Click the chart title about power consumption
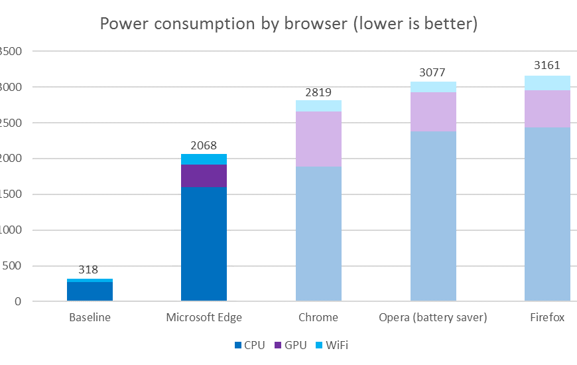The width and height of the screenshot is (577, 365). click(288, 24)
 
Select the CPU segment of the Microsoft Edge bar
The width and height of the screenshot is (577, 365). click(204, 244)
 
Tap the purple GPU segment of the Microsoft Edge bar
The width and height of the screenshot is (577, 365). click(204, 175)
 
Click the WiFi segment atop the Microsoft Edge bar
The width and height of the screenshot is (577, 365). click(204, 159)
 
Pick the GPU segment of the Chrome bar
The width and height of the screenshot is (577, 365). click(318, 139)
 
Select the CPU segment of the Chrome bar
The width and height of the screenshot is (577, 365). click(318, 234)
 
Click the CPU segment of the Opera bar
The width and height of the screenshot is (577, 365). click(433, 216)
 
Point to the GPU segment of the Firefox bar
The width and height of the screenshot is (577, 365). click(547, 108)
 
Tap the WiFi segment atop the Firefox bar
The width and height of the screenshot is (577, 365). click(547, 83)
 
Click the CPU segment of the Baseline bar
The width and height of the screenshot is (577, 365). click(90, 291)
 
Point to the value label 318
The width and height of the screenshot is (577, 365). click(88, 270)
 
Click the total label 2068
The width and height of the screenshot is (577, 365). click(204, 145)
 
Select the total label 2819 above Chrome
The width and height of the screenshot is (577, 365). click(318, 92)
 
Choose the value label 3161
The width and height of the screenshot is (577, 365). click(547, 65)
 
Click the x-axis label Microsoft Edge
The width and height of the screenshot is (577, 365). click(204, 318)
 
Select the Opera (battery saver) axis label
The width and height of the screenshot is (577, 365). click(433, 318)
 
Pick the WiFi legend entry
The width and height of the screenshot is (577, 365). click(337, 345)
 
